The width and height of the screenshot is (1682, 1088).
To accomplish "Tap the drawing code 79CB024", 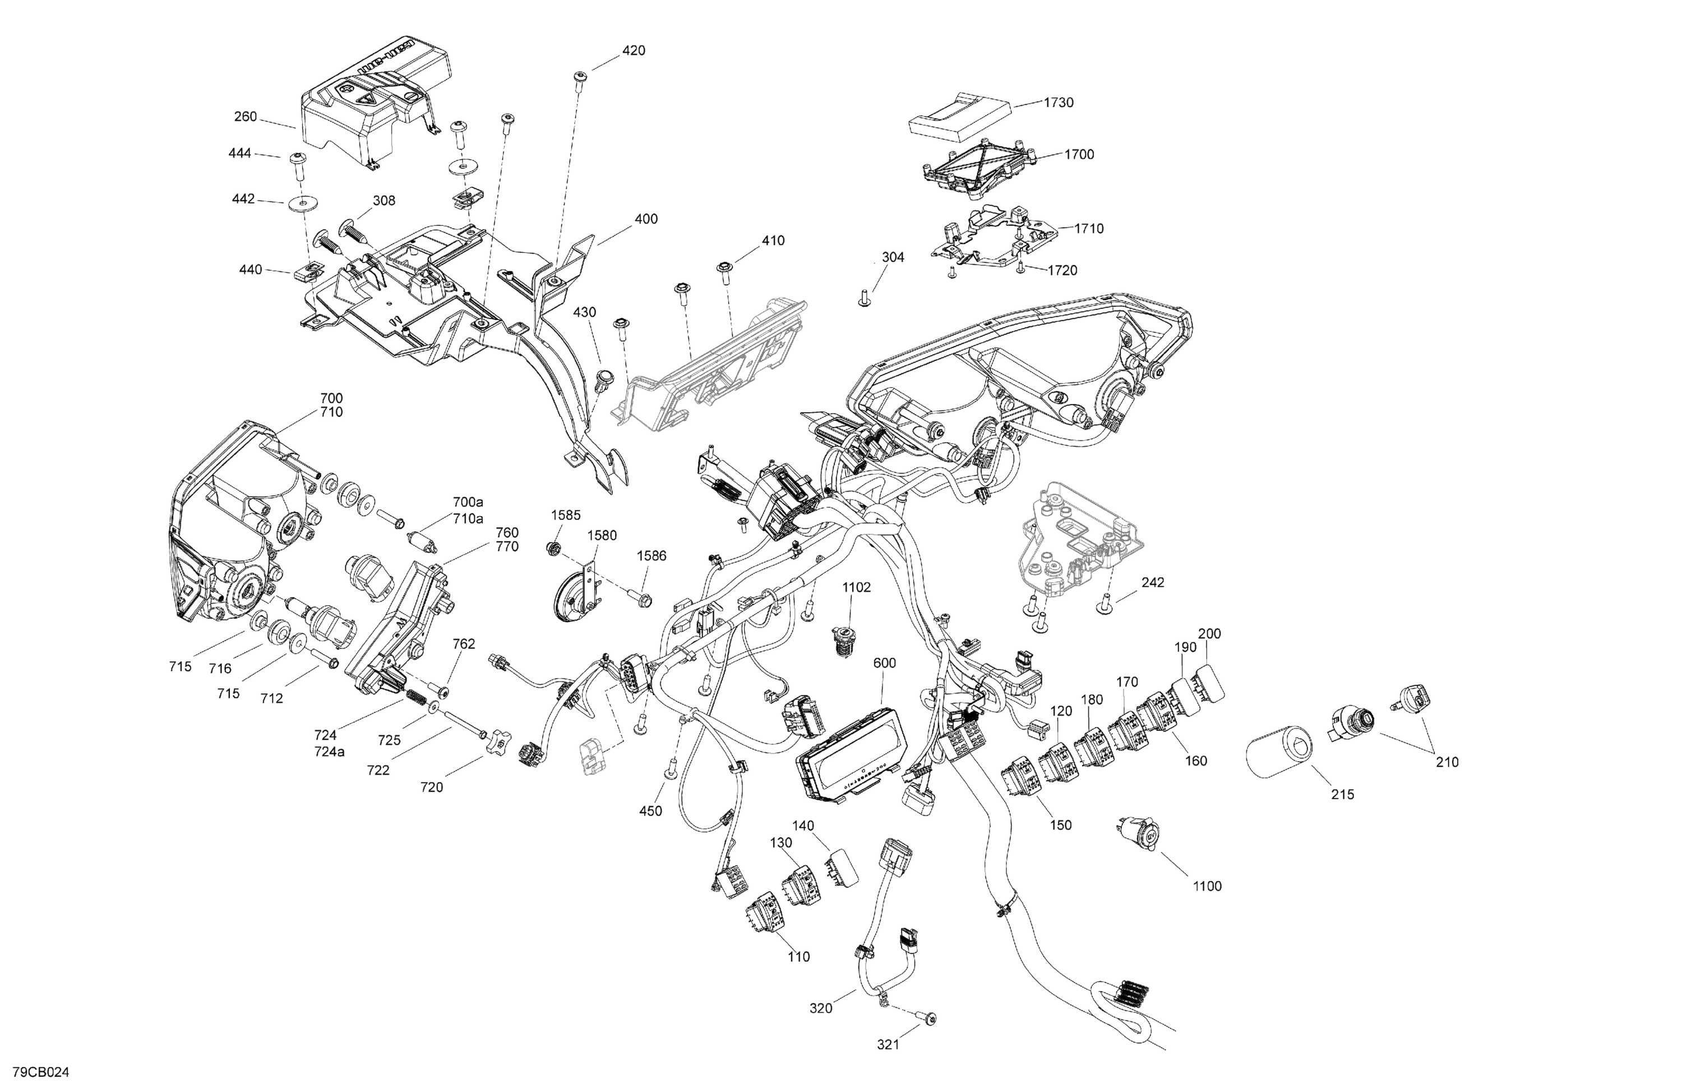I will coord(40,1072).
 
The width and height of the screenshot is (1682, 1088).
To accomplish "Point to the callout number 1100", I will coord(1207,886).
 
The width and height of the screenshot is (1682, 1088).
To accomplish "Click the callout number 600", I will coord(884,663).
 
